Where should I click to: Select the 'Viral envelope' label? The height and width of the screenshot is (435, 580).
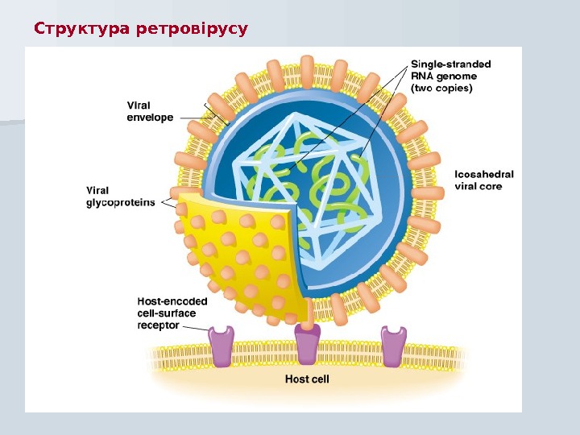coord(150,110)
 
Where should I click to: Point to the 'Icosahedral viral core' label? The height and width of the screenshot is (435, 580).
coord(483,180)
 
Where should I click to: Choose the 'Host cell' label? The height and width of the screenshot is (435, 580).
coord(307,378)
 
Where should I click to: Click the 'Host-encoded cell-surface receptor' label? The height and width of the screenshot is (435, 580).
coord(172,313)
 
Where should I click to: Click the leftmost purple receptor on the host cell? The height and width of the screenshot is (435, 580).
coord(221,346)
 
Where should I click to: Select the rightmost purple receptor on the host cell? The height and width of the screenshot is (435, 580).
coord(393,346)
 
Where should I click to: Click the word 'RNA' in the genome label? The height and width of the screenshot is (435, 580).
coord(423,76)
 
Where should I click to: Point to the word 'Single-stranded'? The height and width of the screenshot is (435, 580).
coord(451,64)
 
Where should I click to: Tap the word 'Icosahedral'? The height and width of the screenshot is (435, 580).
coord(483,174)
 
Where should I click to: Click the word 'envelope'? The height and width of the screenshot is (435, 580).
coord(150,117)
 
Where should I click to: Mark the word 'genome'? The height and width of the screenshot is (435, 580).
coord(458,76)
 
